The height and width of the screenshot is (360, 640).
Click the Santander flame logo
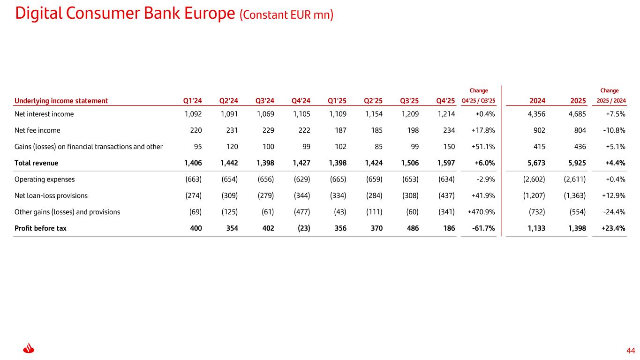click(x=29, y=348)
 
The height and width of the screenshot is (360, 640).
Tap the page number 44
click(x=631, y=351)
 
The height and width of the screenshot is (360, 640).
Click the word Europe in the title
click(x=210, y=13)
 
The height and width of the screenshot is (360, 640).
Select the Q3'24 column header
click(x=264, y=101)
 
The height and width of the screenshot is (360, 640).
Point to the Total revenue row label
click(x=36, y=163)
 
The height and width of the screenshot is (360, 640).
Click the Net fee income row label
click(x=38, y=130)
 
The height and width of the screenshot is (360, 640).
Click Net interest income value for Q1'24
click(x=193, y=114)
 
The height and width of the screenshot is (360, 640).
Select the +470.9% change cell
click(x=481, y=212)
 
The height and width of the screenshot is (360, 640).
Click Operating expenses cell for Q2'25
click(x=374, y=179)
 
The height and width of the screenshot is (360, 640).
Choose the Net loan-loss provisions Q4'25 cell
click(x=446, y=195)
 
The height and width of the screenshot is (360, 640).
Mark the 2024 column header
click(x=537, y=101)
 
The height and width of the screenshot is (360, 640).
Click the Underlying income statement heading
click(x=61, y=101)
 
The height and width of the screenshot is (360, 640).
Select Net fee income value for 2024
click(x=539, y=130)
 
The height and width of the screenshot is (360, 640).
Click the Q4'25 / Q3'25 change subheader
click(x=478, y=101)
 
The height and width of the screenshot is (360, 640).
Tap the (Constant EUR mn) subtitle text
click(x=286, y=15)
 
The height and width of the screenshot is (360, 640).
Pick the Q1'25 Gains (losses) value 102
click(x=340, y=147)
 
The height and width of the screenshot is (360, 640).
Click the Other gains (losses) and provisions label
click(x=67, y=212)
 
